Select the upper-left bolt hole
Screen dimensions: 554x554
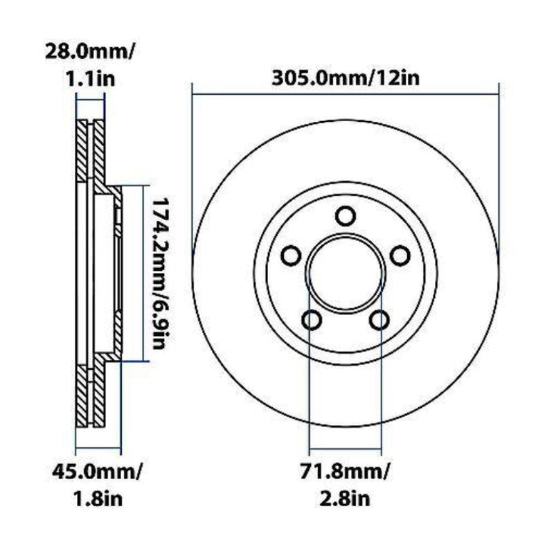point(292,256)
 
